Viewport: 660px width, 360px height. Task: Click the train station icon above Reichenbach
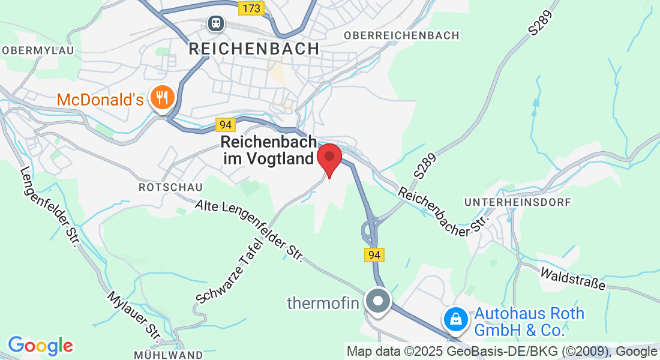coord(215,24)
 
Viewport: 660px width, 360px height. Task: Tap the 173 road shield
coord(250,8)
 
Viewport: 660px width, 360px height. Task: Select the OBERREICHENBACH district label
coord(401,36)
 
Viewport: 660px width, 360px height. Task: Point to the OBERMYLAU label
coord(37,50)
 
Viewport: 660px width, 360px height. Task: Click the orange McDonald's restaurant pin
coord(162,97)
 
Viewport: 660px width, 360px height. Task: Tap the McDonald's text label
coord(100,99)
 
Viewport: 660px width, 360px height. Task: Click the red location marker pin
coord(329,158)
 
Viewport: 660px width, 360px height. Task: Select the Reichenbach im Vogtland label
coord(268,150)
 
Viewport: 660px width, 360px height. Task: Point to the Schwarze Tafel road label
coord(230,269)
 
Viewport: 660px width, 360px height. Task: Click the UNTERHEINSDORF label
coord(518,203)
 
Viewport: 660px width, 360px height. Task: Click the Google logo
coord(40,346)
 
